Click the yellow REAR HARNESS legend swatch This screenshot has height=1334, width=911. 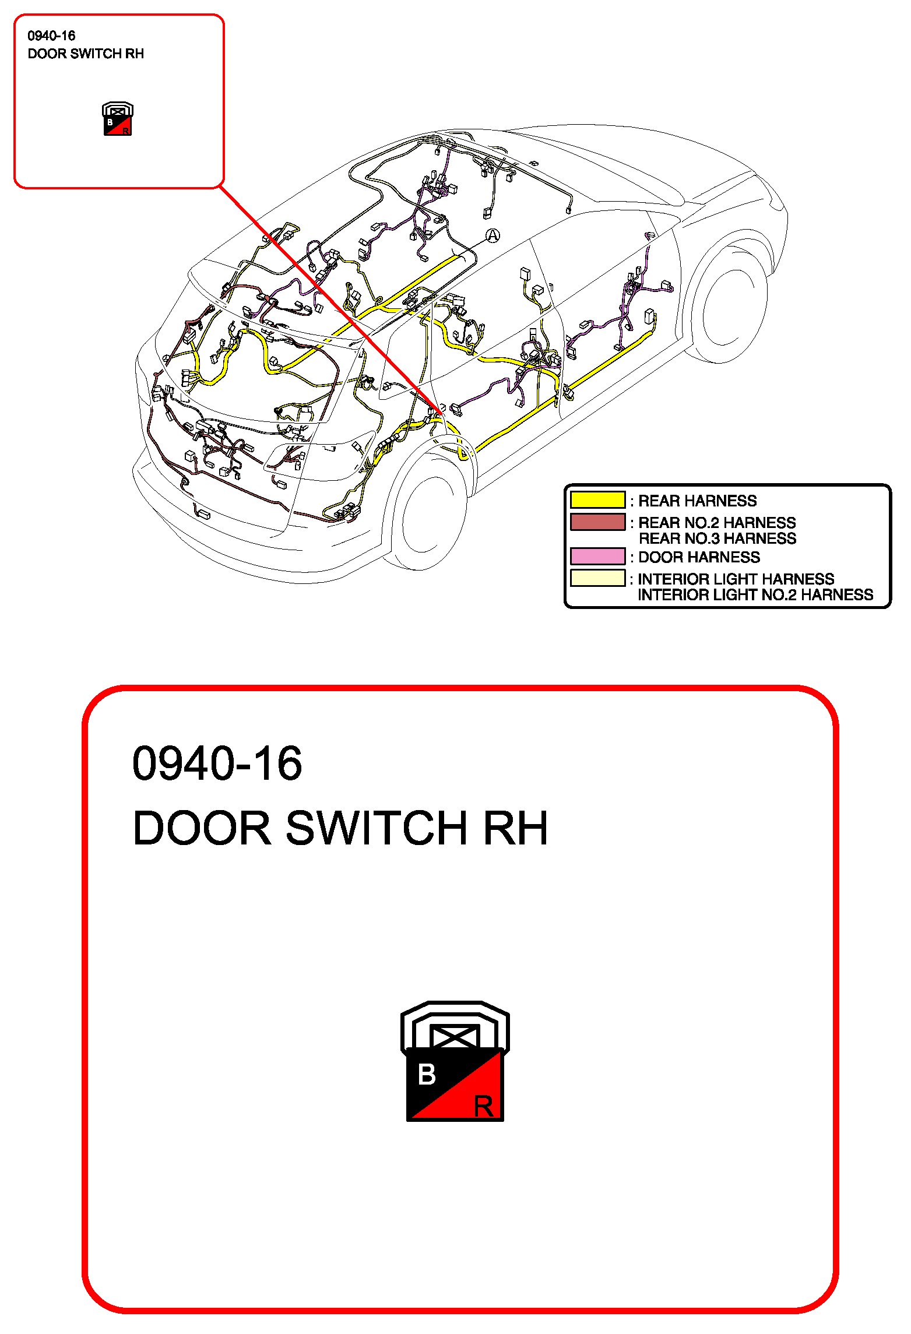click(x=597, y=500)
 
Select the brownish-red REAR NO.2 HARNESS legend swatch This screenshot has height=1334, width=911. click(x=597, y=522)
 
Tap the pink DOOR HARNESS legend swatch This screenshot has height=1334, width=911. click(x=597, y=557)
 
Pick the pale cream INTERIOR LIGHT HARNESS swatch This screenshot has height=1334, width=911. click(x=597, y=578)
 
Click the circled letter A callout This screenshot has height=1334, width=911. click(x=493, y=235)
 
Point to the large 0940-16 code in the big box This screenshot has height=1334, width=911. click(x=217, y=763)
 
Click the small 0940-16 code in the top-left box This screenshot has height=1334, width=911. click(x=51, y=36)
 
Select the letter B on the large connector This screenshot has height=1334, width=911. click(x=427, y=1075)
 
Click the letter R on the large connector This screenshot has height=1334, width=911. click(x=483, y=1106)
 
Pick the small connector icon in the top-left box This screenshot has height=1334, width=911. click(x=118, y=119)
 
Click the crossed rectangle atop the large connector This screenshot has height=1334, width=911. click(x=454, y=1037)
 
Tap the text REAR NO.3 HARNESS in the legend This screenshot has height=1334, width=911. click(x=717, y=538)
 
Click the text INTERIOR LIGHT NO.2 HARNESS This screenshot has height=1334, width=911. click(x=755, y=595)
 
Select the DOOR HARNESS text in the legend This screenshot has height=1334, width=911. click(x=699, y=557)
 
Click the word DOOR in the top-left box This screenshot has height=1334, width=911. click(x=47, y=54)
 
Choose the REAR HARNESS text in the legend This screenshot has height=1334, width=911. click(x=697, y=501)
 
